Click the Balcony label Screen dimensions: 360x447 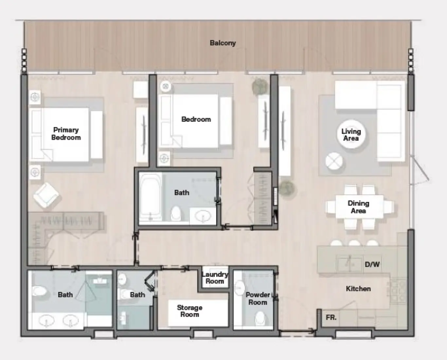click(223, 43)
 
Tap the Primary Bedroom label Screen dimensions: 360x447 click(66, 134)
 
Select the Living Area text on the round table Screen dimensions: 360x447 click(351, 135)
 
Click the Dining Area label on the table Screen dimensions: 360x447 click(358, 207)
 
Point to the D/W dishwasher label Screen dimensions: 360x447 click(372, 264)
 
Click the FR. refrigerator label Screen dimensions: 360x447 click(331, 317)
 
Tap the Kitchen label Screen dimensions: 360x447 click(358, 289)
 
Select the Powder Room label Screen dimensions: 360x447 click(258, 298)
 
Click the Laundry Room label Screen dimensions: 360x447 click(215, 278)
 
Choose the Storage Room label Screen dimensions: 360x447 click(189, 311)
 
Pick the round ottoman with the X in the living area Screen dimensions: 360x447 click(334, 161)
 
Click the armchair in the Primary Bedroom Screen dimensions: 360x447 click(46, 195)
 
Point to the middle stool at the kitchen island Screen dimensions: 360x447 click(354, 243)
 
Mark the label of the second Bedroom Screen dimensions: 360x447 click(196, 119)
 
